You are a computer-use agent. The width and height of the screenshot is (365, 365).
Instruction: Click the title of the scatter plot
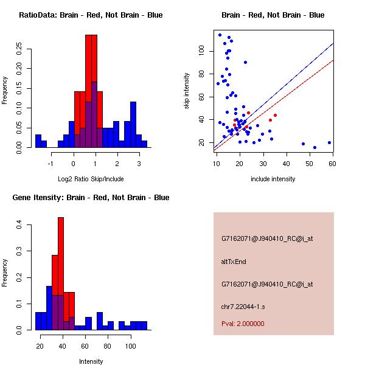coord(273,15)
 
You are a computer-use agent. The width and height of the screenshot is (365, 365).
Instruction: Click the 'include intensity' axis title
coord(274,179)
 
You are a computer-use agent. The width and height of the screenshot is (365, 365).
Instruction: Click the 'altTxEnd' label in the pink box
coord(234,262)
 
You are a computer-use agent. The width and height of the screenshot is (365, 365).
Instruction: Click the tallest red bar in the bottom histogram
coord(61,274)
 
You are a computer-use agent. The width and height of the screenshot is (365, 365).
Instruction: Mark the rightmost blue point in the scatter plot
coord(329,143)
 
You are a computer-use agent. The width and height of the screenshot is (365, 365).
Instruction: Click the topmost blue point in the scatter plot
coord(220,35)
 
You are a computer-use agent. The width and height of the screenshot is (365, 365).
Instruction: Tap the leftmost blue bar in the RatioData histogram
coord(38,141)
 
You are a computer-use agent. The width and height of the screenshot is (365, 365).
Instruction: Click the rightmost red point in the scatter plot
coord(275,115)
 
